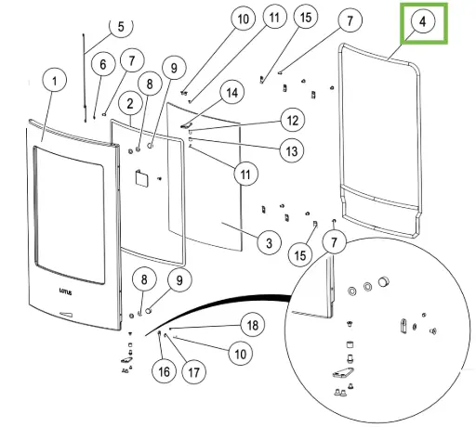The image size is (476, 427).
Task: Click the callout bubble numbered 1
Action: pyautogui.click(x=55, y=81)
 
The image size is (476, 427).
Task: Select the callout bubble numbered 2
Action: pyautogui.click(x=130, y=103)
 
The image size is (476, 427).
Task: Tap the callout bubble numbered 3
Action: pyautogui.click(x=269, y=242)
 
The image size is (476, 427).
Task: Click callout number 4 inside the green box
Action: pyautogui.click(x=423, y=21)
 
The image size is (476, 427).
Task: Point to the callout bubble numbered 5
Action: pyautogui.click(x=121, y=27)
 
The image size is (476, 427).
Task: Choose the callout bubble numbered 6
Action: pyautogui.click(x=103, y=64)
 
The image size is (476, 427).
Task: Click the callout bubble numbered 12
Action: pyautogui.click(x=293, y=120)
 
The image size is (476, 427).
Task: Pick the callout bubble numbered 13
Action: pyautogui.click(x=292, y=150)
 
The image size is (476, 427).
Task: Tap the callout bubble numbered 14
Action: pyautogui.click(x=232, y=92)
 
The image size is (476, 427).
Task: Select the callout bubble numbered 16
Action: pyautogui.click(x=164, y=371)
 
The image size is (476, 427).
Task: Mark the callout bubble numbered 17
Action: pyautogui.click(x=193, y=372)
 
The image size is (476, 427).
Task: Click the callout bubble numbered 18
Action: pyautogui.click(x=253, y=325)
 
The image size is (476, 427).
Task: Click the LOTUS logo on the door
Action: pyautogui.click(x=65, y=291)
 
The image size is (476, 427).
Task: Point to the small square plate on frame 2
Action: pyautogui.click(x=141, y=178)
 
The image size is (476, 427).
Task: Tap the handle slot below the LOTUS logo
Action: pyautogui.click(x=66, y=315)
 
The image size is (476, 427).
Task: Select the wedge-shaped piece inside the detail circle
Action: pyautogui.click(x=343, y=372)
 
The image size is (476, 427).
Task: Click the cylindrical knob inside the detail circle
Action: pyautogui.click(x=384, y=281)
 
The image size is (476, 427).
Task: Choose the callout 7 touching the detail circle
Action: pyautogui.click(x=334, y=242)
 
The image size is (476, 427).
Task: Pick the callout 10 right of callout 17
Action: pyautogui.click(x=240, y=354)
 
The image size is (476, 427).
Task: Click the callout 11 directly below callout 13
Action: pyautogui.click(x=245, y=174)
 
